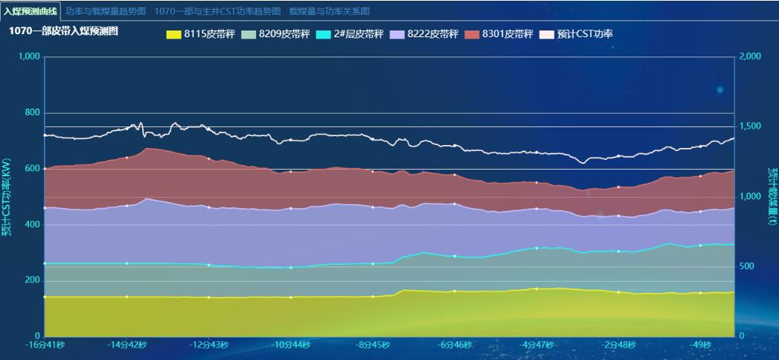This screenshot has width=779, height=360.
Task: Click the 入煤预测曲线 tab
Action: (x=30, y=11)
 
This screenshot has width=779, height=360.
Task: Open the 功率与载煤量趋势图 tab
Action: (x=106, y=11)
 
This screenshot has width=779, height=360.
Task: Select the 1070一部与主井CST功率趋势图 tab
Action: (x=218, y=11)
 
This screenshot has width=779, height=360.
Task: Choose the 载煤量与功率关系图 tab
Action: (x=329, y=11)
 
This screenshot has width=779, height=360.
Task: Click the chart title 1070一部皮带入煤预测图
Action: (x=64, y=31)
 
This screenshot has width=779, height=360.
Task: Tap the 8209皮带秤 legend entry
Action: (x=276, y=34)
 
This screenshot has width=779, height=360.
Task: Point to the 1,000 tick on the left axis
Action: (x=29, y=57)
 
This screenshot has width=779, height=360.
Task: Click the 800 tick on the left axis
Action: (x=33, y=112)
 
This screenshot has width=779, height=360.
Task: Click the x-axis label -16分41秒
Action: (x=45, y=345)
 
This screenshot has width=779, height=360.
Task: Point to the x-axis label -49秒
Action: (x=700, y=345)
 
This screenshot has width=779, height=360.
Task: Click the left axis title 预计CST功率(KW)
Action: (x=7, y=196)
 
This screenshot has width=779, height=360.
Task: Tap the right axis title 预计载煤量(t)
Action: (x=772, y=196)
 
